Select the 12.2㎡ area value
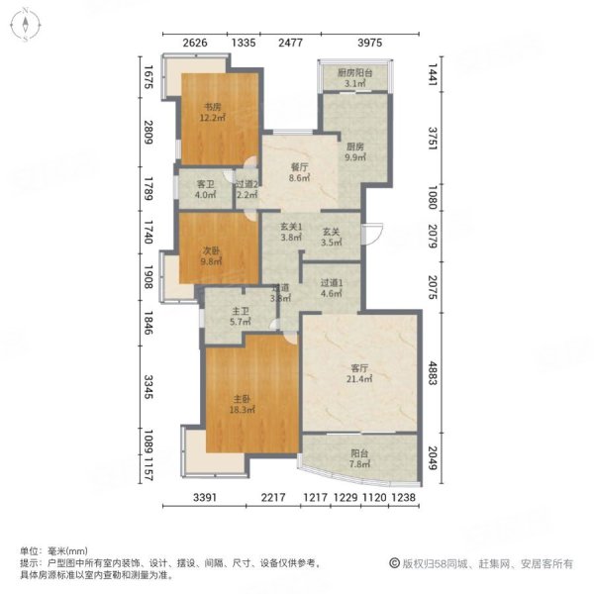(x=213, y=118)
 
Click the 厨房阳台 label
(x=353, y=73)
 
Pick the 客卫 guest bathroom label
(x=205, y=183)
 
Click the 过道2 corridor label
(x=247, y=183)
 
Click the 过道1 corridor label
(x=331, y=281)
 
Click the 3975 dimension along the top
(x=369, y=42)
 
